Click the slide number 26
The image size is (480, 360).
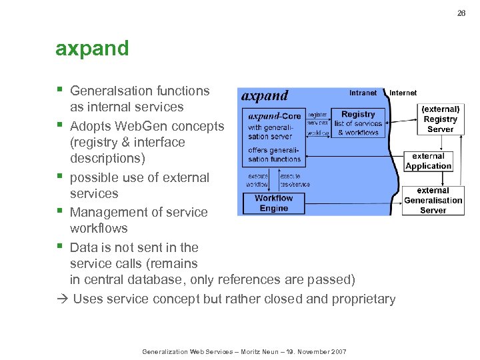[461, 13]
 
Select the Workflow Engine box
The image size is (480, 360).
[273, 203]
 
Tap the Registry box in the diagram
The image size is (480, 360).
[358, 123]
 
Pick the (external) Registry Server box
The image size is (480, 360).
[440, 119]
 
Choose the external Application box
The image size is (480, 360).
[428, 161]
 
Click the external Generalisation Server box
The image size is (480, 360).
[433, 200]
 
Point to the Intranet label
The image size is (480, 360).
[363, 93]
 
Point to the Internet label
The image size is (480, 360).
[403, 93]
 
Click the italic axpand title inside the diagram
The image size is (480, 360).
[265, 96]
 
